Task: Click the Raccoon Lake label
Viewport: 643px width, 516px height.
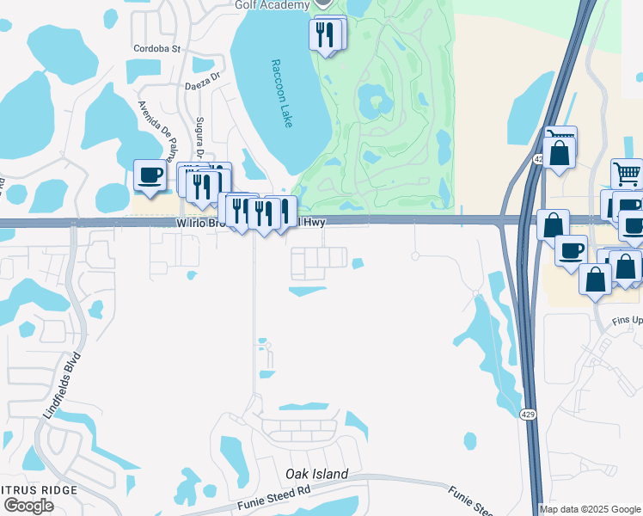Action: [x=281, y=94]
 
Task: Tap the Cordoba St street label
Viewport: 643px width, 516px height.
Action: [x=156, y=49]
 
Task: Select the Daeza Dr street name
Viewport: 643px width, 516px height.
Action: [x=204, y=86]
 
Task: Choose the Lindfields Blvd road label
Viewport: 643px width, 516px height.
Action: [x=54, y=384]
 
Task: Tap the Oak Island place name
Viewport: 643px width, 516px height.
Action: [x=317, y=474]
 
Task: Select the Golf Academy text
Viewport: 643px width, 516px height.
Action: [x=272, y=5]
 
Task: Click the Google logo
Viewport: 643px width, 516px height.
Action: [x=28, y=506]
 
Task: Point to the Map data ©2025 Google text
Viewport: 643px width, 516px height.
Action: [x=589, y=509]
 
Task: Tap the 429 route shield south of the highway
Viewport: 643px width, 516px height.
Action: [x=529, y=415]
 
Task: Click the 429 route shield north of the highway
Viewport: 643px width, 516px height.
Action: [x=539, y=159]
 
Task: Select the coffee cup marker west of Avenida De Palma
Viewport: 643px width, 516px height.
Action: [x=150, y=175]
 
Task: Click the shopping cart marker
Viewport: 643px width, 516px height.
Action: [x=627, y=175]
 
